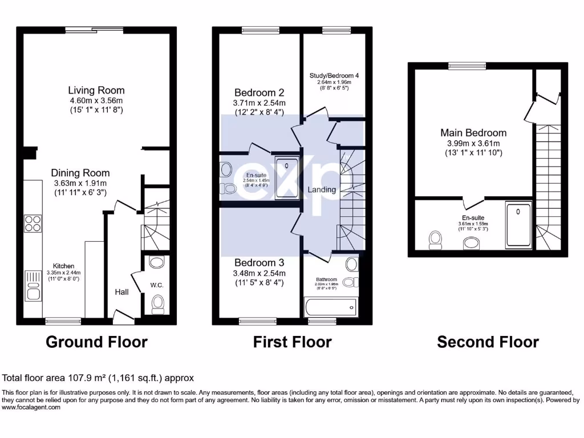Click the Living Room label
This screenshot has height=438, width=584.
pyautogui.click(x=96, y=90)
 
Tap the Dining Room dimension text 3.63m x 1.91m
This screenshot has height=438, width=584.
pyautogui.click(x=81, y=184)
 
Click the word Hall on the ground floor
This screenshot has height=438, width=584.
pyautogui.click(x=121, y=292)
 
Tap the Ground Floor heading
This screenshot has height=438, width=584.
pyautogui.click(x=96, y=342)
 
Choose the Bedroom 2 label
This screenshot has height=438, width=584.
pyautogui.click(x=259, y=92)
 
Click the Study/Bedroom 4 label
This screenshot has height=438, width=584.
pyautogui.click(x=334, y=75)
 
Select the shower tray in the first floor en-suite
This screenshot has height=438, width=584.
pyautogui.click(x=287, y=177)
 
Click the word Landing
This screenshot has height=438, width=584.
pyautogui.click(x=322, y=189)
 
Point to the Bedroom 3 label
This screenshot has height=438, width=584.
pyautogui.click(x=259, y=263)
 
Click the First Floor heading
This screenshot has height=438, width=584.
pyautogui.click(x=292, y=342)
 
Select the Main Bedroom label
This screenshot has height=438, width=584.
pyautogui.click(x=473, y=133)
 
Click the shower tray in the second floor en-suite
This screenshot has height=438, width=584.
pyautogui.click(x=518, y=225)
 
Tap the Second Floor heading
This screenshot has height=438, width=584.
pyautogui.click(x=488, y=342)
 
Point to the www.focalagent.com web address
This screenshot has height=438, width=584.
pyautogui.click(x=31, y=408)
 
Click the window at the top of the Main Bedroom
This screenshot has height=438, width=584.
pyautogui.click(x=467, y=66)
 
